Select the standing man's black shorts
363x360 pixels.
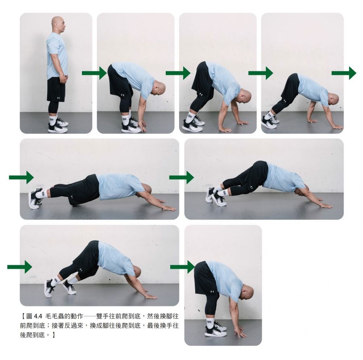pyautogui.click(x=56, y=89)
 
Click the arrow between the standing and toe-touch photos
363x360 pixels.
pyautogui.click(x=94, y=73)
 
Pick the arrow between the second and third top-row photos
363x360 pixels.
pyautogui.click(x=178, y=73)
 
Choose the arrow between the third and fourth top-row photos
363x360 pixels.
pyautogui.click(x=261, y=73)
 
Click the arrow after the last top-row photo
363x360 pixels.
pyautogui.click(x=344, y=73)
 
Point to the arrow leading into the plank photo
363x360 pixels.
pyautogui.click(x=21, y=177)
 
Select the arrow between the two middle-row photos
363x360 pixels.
pyautogui.click(x=181, y=177)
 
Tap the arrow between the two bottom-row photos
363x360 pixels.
pyautogui.click(x=182, y=267)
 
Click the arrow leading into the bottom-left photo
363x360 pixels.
pyautogui.click(x=20, y=267)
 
